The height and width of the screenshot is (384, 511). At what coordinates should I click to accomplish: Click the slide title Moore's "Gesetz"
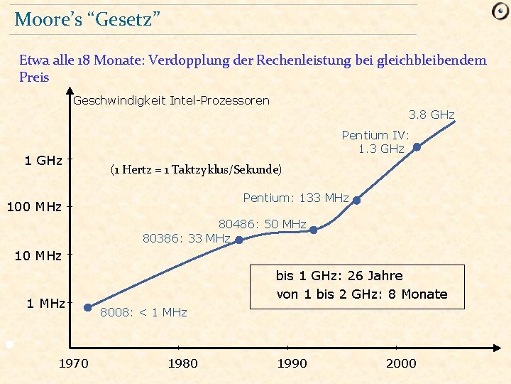[87, 19]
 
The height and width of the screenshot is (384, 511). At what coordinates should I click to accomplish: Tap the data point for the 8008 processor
[88, 308]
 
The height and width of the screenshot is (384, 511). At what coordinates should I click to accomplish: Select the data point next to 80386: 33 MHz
[239, 240]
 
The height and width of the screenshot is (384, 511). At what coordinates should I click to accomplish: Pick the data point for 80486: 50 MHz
[314, 229]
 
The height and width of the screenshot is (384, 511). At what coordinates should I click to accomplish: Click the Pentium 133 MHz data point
[357, 201]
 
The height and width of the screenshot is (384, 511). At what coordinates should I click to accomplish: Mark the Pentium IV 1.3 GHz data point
[417, 148]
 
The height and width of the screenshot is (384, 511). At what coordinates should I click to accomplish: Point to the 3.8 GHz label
[432, 114]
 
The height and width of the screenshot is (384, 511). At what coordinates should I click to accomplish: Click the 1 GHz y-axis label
[43, 161]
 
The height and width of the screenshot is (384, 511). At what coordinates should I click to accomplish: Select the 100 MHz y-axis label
[34, 208]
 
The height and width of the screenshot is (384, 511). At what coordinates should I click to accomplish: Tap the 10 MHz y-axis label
[38, 255]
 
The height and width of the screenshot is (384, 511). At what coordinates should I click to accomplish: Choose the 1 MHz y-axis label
[45, 304]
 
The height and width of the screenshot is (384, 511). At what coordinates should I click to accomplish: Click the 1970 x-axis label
[73, 363]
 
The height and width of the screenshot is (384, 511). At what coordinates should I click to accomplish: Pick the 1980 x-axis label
[182, 363]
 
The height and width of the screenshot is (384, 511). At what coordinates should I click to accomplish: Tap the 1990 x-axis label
[292, 363]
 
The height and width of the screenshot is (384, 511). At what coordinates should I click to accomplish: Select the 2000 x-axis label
[401, 363]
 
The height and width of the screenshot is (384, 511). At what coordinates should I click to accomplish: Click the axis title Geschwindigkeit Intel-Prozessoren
[171, 100]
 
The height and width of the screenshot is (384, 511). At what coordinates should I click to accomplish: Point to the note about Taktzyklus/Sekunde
[196, 169]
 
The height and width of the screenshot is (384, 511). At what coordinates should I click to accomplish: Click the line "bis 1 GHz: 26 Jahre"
[339, 276]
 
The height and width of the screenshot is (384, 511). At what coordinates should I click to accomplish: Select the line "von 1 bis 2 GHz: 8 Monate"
[361, 294]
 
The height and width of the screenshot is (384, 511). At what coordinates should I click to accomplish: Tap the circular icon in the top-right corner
[500, 11]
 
